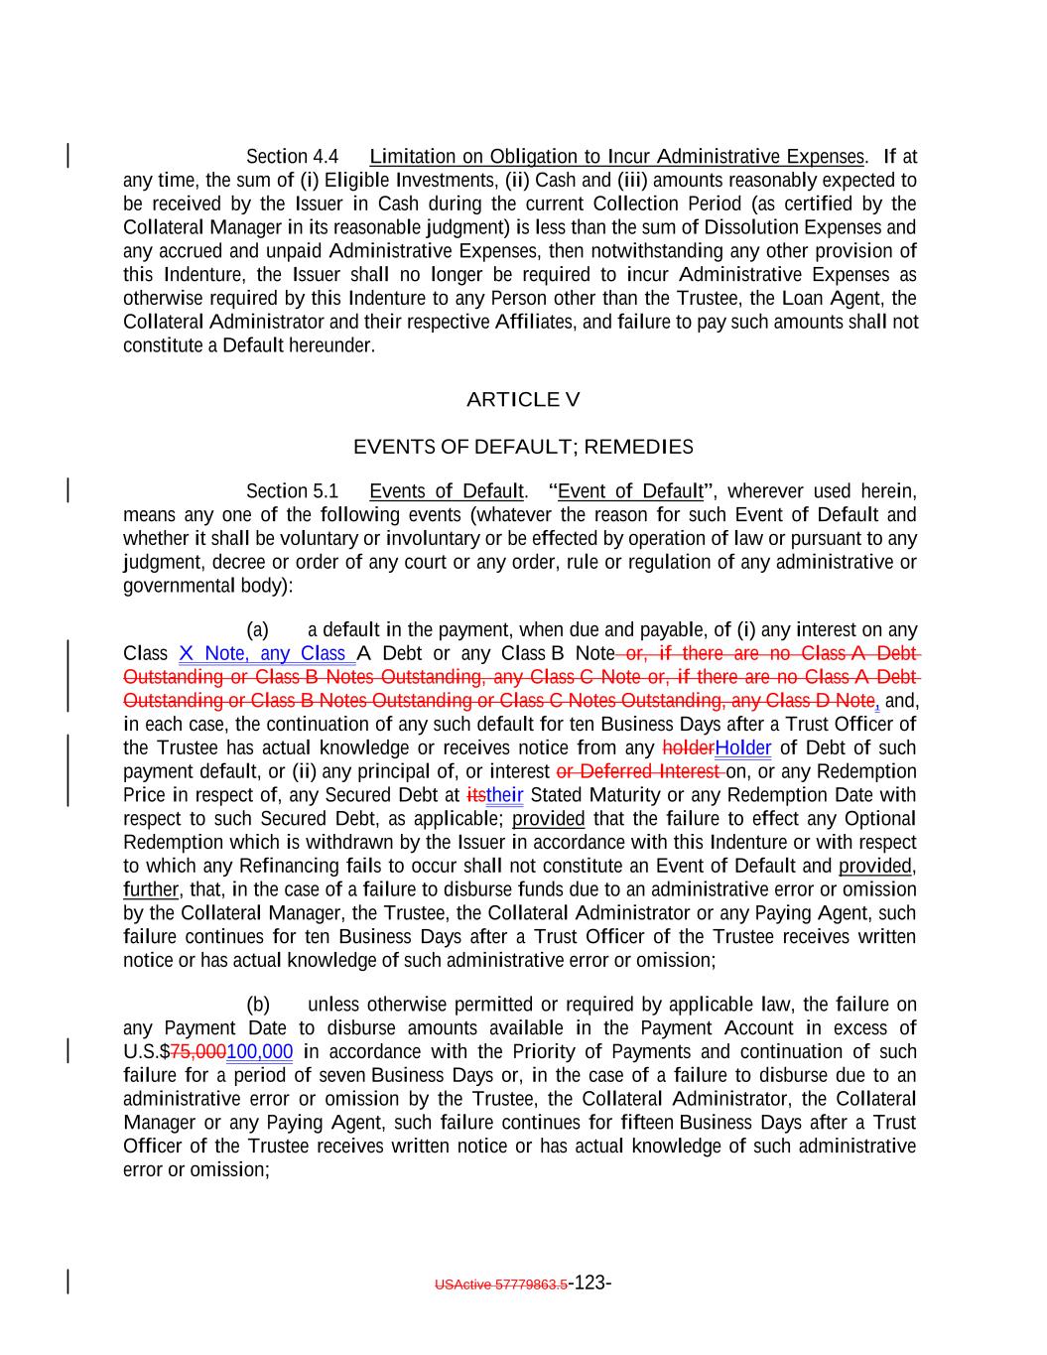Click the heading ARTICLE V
click(523, 400)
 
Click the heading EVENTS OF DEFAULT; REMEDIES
click(523, 447)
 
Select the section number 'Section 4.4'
click(292, 157)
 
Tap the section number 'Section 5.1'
click(292, 491)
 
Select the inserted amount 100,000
click(260, 1052)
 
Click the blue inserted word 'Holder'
click(742, 748)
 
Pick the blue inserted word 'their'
click(504, 796)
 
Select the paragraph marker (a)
click(258, 630)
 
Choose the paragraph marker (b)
click(258, 1005)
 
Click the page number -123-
click(590, 1284)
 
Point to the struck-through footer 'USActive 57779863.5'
click(501, 1285)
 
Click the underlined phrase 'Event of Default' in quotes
click(631, 491)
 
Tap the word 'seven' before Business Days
click(342, 1076)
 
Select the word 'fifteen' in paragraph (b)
click(647, 1123)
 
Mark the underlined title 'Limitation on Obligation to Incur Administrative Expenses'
click(616, 157)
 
